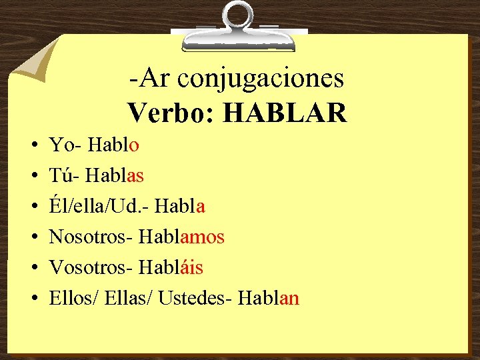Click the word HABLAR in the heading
(285, 113)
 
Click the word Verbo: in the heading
(171, 113)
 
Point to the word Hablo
(113, 144)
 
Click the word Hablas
(117, 175)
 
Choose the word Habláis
(171, 267)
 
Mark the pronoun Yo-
(66, 144)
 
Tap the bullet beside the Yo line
(33, 145)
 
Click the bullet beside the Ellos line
(33, 299)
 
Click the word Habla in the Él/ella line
(179, 206)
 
